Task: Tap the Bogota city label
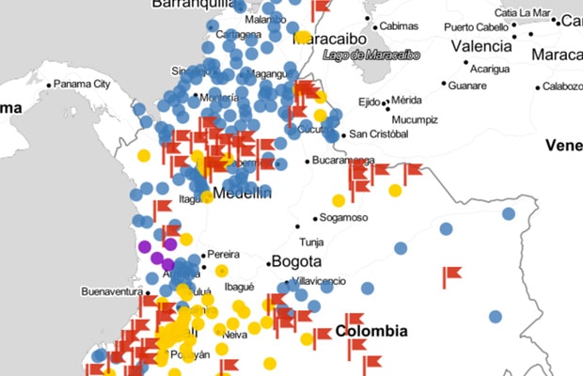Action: tap(296, 261)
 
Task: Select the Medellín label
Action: tap(243, 193)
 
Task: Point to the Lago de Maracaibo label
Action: tap(370, 55)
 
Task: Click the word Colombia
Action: tap(371, 331)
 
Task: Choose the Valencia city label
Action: tap(481, 46)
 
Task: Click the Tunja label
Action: tap(311, 242)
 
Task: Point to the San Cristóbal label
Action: tap(380, 134)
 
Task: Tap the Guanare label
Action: tap(467, 86)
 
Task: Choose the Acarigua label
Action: tap(489, 69)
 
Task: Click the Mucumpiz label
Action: tap(415, 119)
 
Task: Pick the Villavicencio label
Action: tap(320, 280)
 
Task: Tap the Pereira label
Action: tap(223, 254)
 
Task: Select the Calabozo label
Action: tap(562, 86)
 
